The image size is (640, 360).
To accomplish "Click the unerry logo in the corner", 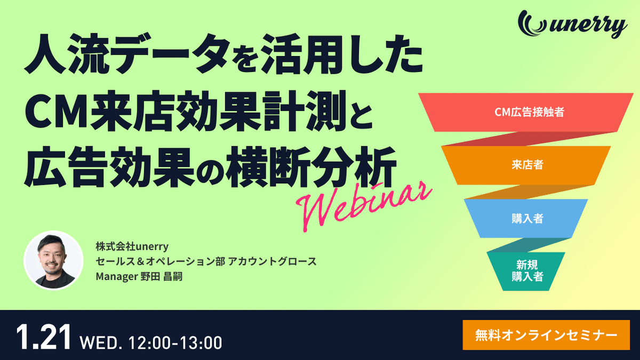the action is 572,25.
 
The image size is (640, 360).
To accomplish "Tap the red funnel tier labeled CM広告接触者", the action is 526,113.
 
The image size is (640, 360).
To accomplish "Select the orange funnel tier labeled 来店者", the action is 526,165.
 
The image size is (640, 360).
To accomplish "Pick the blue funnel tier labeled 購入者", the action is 526,219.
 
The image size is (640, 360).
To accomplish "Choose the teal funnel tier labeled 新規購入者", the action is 526,271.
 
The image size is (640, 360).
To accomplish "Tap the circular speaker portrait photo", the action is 53,261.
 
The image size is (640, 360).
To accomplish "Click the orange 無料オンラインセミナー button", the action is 546,335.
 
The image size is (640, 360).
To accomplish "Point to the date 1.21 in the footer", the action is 43,337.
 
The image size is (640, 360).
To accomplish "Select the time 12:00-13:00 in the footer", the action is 175,342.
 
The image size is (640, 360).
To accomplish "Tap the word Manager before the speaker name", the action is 117,277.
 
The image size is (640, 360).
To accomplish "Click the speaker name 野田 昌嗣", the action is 161,277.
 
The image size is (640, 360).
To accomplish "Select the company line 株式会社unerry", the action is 132,246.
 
